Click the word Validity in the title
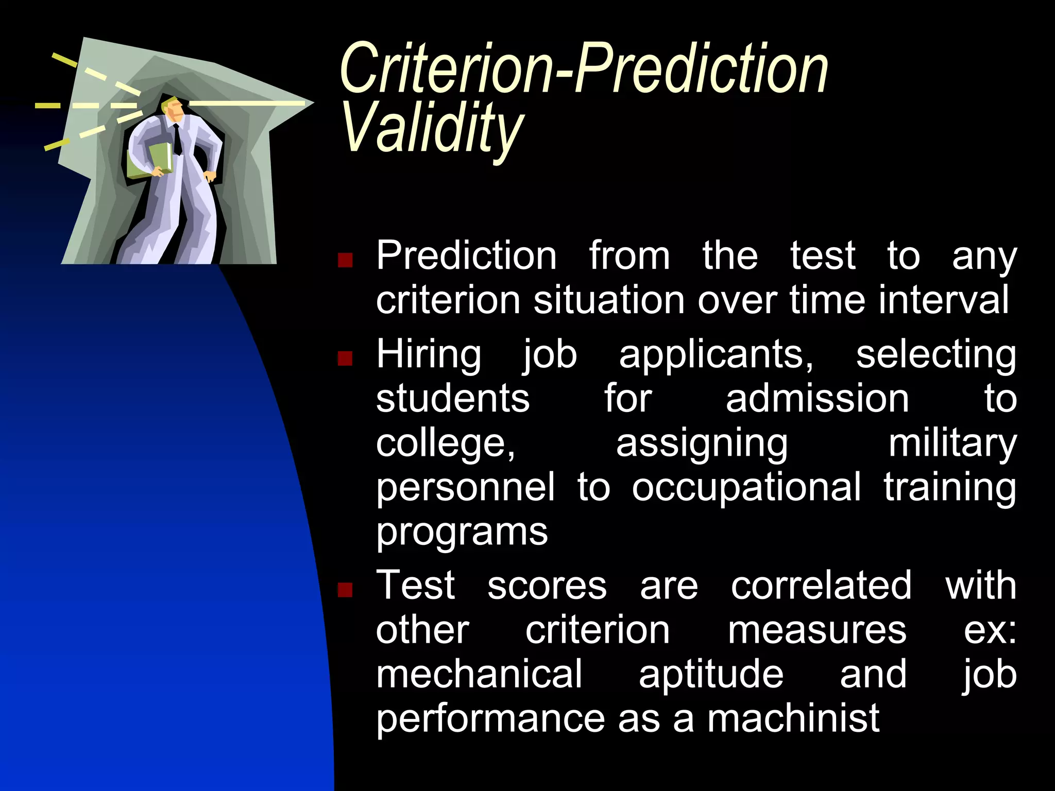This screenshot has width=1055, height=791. click(432, 127)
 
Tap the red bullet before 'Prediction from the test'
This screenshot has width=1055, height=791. click(345, 260)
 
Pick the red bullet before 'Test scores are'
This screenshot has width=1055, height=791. click(345, 589)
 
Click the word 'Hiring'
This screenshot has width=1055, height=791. click(429, 355)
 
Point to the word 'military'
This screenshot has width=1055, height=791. click(952, 444)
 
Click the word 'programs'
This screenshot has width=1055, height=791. click(462, 532)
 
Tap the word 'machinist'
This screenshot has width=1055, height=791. click(793, 718)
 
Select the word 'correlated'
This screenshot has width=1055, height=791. click(821, 586)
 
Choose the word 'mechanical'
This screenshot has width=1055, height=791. click(479, 675)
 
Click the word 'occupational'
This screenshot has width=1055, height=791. click(746, 487)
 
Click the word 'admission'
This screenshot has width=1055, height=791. click(817, 399)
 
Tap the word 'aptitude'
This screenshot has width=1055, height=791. click(711, 675)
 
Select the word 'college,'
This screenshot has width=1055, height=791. click(446, 444)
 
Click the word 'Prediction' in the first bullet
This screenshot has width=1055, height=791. click(466, 256)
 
